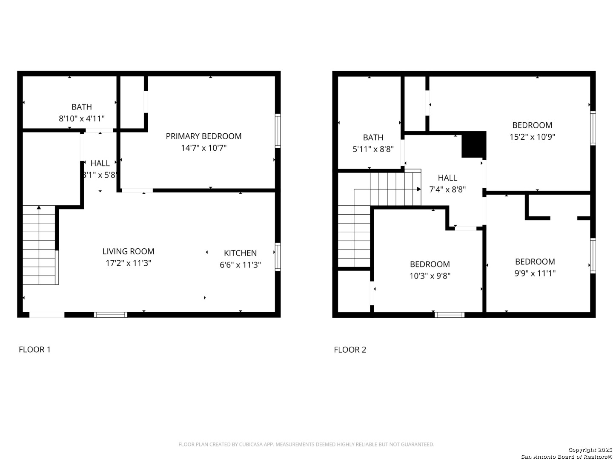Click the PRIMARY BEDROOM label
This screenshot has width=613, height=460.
point(203,136)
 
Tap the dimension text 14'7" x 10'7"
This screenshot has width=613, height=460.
point(203,148)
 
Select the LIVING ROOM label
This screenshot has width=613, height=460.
point(128,251)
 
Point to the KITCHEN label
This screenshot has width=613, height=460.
point(240,253)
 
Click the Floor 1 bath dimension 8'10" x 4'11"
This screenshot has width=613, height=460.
point(82,118)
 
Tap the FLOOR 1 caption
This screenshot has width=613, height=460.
point(34,349)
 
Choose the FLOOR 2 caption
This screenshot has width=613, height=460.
point(350,349)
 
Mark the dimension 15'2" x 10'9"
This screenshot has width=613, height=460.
point(532,137)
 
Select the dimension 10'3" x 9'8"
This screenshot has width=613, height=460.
point(430,276)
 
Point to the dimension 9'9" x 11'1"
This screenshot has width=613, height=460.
point(535,273)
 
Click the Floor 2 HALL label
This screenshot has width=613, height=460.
point(447,178)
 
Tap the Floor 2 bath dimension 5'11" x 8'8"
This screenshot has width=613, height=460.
point(373,149)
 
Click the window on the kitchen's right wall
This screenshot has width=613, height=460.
point(278,257)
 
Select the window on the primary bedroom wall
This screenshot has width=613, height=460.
point(278,131)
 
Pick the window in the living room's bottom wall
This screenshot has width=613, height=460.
point(111,315)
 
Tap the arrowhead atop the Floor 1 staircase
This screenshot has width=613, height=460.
point(39,207)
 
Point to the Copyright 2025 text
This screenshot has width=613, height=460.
point(590,450)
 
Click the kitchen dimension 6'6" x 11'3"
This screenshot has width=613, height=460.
point(240,265)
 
